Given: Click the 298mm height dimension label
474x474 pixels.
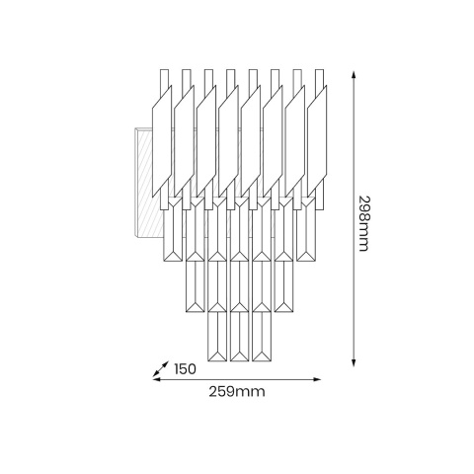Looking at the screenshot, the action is pos(363,223).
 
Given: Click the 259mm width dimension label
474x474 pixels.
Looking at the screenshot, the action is pos(237,392).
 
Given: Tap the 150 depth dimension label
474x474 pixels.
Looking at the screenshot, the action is pos(185,369).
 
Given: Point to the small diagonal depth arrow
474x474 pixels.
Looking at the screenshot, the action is pos(161,369).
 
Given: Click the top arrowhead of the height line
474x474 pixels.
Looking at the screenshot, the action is pos(354,74).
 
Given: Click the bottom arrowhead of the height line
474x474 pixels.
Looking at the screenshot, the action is pos(354,362).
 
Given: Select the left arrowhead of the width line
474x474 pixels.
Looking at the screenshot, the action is pos(157,379).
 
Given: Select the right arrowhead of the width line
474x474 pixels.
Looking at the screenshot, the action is pos(317,379).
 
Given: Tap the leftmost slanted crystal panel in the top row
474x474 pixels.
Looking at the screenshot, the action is pos(162,141).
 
